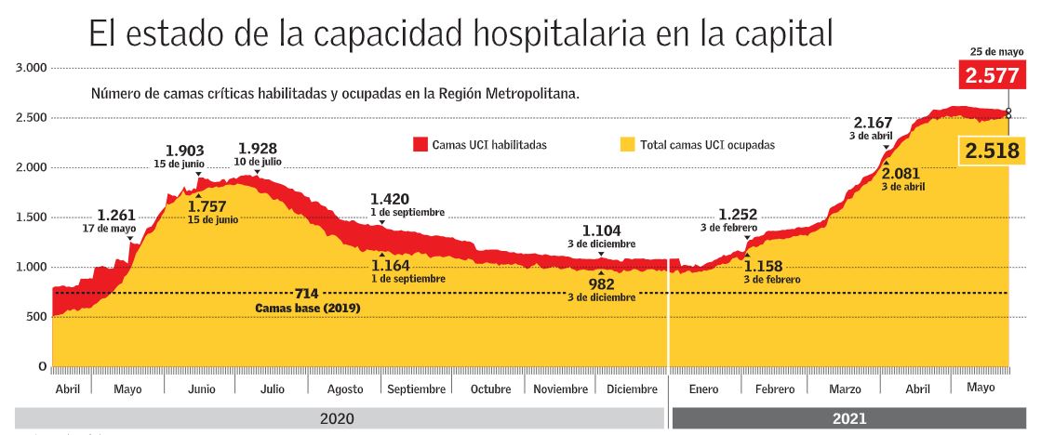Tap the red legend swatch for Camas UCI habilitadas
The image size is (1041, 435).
(420, 145)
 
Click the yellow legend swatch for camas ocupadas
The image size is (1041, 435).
(628, 145)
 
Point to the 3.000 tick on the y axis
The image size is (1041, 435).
(31, 68)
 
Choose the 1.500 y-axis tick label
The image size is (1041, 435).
(31, 217)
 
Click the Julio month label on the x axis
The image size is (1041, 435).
(273, 389)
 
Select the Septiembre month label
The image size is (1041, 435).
(416, 389)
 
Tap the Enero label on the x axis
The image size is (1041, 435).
(702, 389)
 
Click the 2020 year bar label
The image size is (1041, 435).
(337, 419)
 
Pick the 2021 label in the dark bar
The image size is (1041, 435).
(851, 419)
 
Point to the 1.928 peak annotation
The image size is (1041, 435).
(258, 149)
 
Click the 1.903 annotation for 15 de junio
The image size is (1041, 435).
(184, 151)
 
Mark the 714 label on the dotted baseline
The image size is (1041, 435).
(307, 294)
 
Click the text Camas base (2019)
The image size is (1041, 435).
(307, 308)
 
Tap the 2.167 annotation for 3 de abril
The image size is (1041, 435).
(873, 123)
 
